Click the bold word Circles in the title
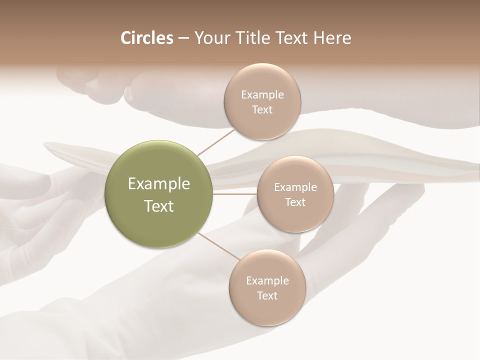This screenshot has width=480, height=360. (147, 38)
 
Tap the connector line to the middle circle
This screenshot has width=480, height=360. (235, 194)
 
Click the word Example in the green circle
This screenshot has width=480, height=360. (159, 184)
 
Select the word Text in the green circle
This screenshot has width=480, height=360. (159, 206)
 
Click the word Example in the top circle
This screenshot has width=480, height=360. (262, 95)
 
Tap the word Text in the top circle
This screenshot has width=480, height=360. (262, 110)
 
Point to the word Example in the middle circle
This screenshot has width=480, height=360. (295, 187)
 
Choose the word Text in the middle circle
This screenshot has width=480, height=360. (295, 202)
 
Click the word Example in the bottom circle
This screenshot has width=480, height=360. (267, 280)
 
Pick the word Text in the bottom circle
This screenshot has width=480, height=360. (267, 295)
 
